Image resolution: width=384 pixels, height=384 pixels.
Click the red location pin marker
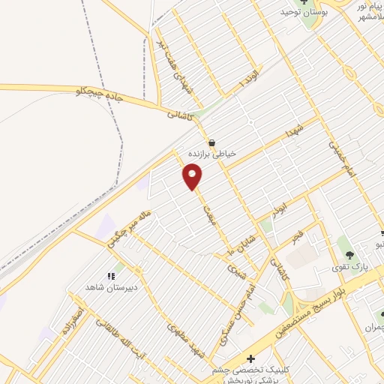coord(193,177)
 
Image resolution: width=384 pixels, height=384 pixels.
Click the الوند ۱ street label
coord(248,84)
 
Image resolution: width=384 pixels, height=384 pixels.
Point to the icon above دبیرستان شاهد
coord(110,277)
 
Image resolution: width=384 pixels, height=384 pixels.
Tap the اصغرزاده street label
coord(78,319)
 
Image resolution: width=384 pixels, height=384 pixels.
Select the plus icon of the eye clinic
coord(250,359)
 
